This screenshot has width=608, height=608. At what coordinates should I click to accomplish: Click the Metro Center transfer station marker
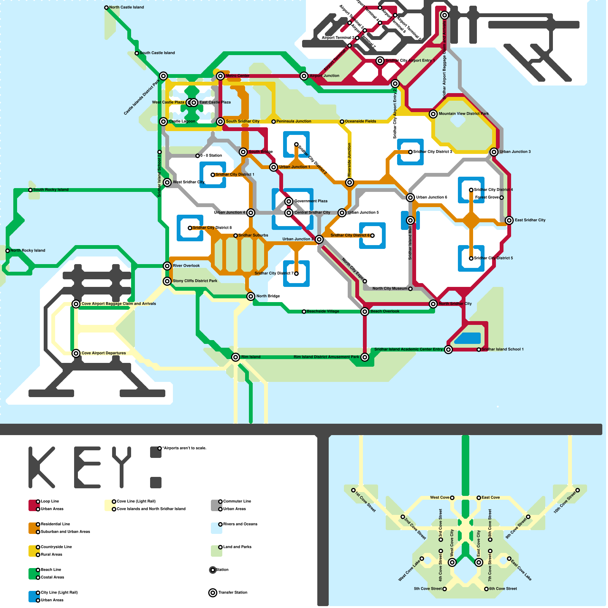(x=220, y=76)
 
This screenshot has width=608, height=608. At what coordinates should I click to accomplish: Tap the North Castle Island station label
(x=126, y=7)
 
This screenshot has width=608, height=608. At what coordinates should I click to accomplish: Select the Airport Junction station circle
(x=304, y=76)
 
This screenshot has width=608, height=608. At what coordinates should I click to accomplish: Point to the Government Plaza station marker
(x=289, y=201)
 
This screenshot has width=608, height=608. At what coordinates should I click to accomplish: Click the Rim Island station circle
(x=236, y=357)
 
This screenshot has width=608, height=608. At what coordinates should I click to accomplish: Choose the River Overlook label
(x=186, y=266)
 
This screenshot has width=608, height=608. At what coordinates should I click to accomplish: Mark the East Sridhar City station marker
(x=509, y=220)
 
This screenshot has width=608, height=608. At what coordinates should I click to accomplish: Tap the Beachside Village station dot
(x=304, y=312)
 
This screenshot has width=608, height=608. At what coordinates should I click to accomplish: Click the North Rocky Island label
(x=28, y=250)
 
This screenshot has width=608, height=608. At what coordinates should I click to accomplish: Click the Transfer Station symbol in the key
(x=213, y=593)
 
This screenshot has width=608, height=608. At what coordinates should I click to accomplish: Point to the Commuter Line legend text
(x=237, y=501)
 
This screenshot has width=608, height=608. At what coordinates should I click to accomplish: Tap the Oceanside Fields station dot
(x=342, y=122)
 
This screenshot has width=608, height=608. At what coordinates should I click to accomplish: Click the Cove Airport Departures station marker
(x=76, y=353)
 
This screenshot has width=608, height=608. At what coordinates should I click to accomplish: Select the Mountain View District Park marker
(x=433, y=114)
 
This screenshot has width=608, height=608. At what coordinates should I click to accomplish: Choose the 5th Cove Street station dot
(x=445, y=589)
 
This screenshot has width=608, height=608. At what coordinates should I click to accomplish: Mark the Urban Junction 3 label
(x=515, y=152)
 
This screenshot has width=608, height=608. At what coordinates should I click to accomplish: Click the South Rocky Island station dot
(x=30, y=190)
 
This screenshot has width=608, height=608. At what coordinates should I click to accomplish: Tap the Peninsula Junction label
(x=294, y=121)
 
